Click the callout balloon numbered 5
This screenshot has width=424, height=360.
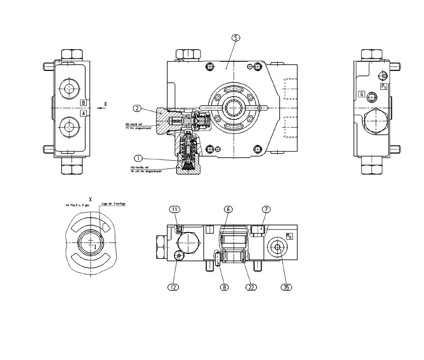pos(236,37)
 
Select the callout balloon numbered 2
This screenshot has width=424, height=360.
pos(137,108)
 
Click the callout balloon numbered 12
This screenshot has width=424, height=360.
pos(173,287)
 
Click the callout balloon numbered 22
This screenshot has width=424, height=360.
pos(251,287)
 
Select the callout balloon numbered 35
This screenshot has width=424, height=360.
pos(286,287)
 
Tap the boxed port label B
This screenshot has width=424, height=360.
pos(83,103)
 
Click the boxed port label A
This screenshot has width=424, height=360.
pos(83,113)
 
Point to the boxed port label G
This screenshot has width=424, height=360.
pos(361,94)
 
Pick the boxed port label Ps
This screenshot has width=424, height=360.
pos(383,86)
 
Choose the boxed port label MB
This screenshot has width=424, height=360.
pos(289,236)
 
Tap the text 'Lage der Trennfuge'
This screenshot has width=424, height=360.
pos(114,203)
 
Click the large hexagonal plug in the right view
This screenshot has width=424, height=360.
pos(375,122)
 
